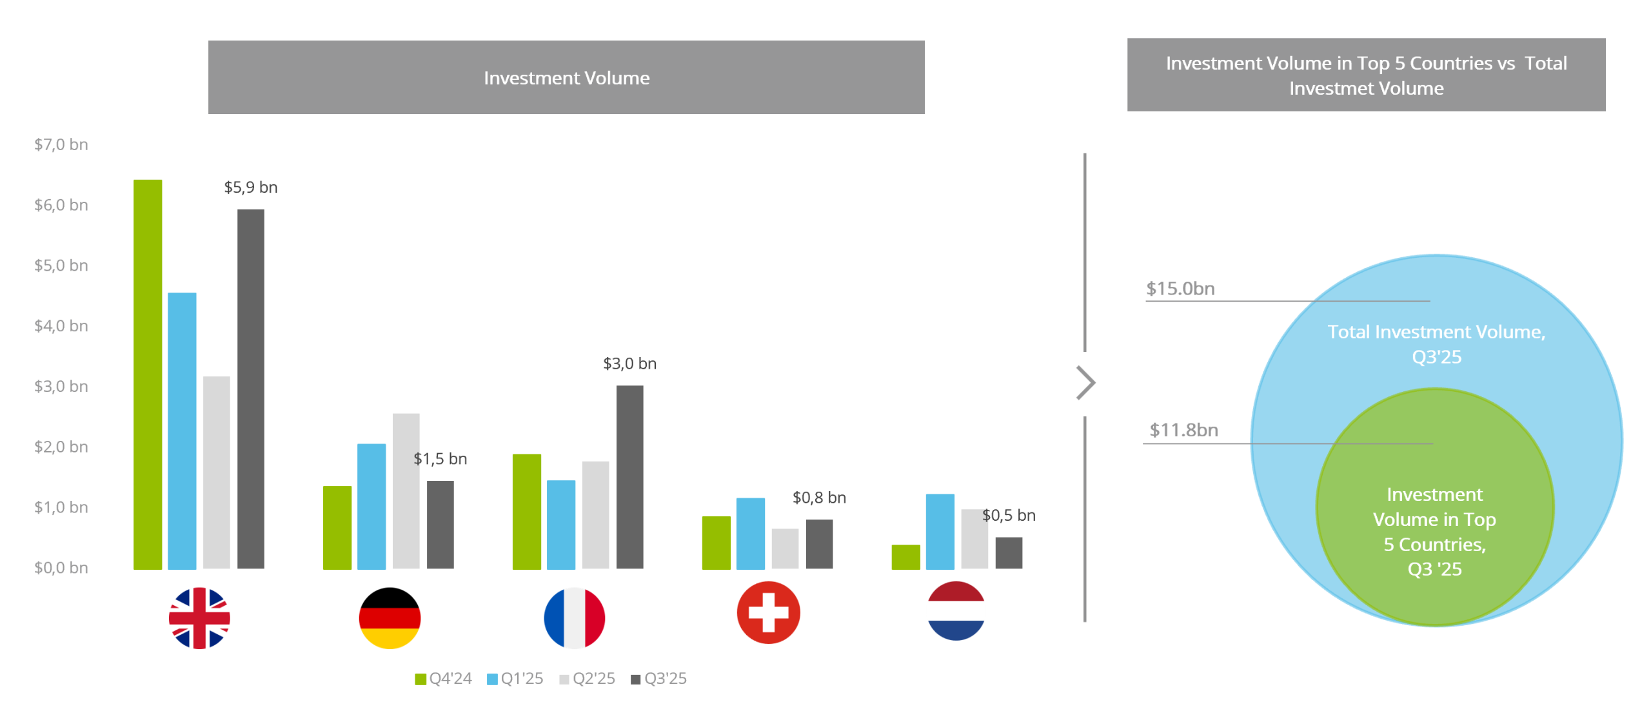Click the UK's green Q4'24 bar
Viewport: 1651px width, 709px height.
tap(148, 374)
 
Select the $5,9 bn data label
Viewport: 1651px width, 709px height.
tap(250, 188)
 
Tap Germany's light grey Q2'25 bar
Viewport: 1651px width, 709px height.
tap(406, 490)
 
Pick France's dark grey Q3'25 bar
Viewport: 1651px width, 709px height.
tap(629, 477)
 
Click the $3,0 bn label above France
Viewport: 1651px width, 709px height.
tap(629, 364)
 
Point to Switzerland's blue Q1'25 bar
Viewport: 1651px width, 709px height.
tap(751, 533)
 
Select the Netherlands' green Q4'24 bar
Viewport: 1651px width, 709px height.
tap(905, 557)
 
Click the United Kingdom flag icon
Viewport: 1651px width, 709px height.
tap(199, 617)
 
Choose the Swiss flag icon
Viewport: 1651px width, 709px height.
tap(768, 612)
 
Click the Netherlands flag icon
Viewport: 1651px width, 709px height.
tap(956, 610)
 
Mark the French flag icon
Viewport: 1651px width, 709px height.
tap(574, 617)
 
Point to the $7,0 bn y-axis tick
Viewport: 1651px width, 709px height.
tap(61, 144)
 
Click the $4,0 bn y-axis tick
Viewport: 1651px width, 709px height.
tap(61, 326)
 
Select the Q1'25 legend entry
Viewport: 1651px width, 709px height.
tap(515, 679)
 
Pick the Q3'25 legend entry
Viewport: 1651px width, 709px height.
tap(658, 679)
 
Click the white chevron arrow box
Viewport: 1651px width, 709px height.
tap(1082, 384)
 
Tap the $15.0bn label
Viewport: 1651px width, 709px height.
tap(1180, 289)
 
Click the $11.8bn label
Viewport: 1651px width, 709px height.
tap(1183, 430)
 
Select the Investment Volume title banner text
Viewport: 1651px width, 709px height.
tap(566, 78)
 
